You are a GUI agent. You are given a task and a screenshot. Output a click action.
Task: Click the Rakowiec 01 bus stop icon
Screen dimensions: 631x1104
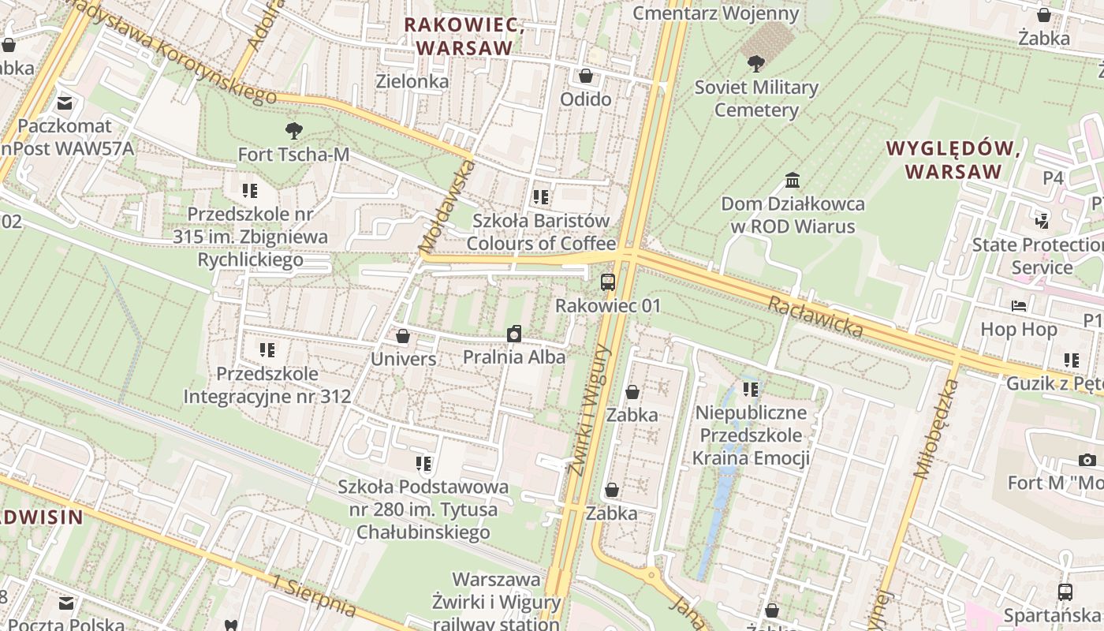click(x=607, y=282)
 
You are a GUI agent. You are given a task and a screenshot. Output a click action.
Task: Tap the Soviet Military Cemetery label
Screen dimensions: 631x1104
click(x=756, y=99)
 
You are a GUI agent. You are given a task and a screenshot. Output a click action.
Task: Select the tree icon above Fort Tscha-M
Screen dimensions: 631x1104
click(x=293, y=131)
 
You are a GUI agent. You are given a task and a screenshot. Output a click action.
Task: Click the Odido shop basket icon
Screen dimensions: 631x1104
click(x=585, y=76)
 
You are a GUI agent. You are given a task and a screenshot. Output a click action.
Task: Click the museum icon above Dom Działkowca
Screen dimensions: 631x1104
click(x=793, y=181)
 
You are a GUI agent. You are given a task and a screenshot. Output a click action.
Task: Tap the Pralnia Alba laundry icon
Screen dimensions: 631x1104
click(x=514, y=334)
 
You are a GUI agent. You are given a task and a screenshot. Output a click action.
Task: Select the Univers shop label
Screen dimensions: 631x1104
click(x=403, y=359)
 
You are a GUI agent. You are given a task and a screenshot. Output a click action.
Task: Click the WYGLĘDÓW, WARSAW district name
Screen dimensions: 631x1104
click(x=953, y=159)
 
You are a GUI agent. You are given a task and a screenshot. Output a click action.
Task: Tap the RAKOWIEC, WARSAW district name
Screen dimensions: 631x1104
click(x=464, y=36)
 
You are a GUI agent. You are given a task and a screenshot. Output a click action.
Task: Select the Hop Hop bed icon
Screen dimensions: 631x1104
click(x=1018, y=305)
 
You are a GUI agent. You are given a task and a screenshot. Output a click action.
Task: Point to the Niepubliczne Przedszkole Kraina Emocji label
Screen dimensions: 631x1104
click(x=750, y=435)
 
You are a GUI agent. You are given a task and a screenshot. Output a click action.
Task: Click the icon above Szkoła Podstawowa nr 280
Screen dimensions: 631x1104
click(x=423, y=463)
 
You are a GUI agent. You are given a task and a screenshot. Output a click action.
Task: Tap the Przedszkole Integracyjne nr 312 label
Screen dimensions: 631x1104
click(x=267, y=385)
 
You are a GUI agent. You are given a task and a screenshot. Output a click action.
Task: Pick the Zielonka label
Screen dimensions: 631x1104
click(x=412, y=80)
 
